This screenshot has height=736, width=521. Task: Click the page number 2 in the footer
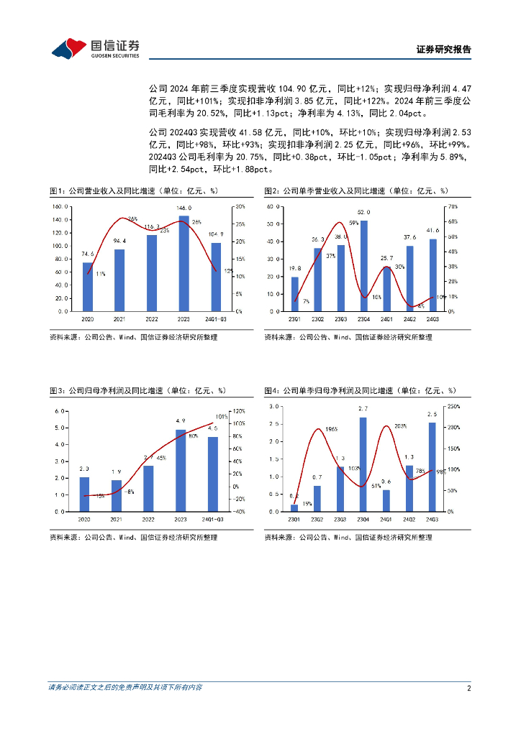pos(468,688)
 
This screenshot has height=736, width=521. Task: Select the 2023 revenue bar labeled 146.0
pos(184,263)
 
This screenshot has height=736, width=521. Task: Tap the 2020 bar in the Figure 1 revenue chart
pos(88,287)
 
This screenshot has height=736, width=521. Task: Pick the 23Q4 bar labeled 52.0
pos(363,266)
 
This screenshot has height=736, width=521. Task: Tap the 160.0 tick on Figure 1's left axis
pos(60,206)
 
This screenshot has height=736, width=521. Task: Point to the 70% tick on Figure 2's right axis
pos(452,206)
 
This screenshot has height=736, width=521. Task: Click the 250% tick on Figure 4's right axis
pos(453,407)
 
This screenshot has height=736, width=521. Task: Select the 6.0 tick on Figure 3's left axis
pos(62,411)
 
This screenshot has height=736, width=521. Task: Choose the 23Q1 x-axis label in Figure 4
pos(294,518)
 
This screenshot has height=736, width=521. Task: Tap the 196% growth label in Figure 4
pos(331,429)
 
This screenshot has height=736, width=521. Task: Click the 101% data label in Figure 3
pos(222,416)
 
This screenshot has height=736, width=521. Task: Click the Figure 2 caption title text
pos(355,191)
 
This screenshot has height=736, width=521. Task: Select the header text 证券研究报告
pos(444,50)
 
